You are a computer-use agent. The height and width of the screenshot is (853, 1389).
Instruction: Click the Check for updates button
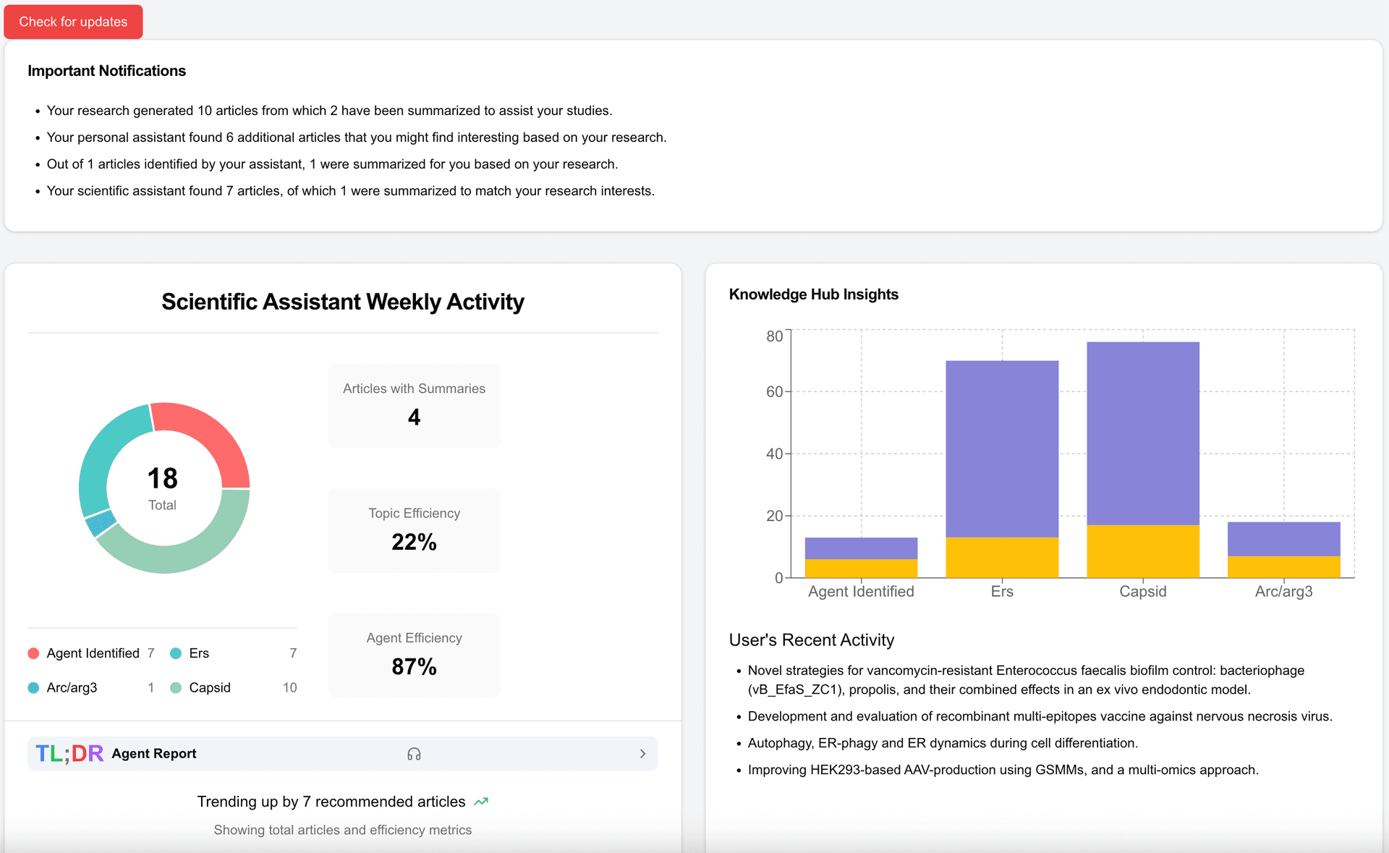tap(73, 22)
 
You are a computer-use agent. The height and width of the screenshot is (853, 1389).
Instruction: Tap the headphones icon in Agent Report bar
tap(414, 754)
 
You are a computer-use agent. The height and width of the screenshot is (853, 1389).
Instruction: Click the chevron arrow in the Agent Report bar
tap(642, 754)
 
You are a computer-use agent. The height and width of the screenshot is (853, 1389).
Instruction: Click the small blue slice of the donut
tap(101, 522)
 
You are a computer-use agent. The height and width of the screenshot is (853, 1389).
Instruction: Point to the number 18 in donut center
tap(162, 478)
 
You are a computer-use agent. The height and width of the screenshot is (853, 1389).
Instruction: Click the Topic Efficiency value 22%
tap(414, 542)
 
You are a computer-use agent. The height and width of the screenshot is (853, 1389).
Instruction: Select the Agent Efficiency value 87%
tap(414, 666)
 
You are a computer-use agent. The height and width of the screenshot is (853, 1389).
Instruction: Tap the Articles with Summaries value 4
tap(414, 417)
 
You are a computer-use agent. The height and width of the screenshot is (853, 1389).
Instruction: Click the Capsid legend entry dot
tap(176, 687)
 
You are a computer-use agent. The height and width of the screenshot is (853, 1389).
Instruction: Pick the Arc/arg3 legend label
tap(72, 687)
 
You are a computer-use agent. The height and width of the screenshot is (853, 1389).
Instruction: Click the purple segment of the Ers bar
tap(1002, 449)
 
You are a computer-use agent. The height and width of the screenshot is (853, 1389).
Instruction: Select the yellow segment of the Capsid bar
tap(1143, 551)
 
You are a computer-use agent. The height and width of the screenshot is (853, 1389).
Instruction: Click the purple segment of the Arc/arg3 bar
tap(1283, 539)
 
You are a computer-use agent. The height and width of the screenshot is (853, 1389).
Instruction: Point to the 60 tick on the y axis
tap(774, 391)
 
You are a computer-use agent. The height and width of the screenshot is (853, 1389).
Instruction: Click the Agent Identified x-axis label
tap(861, 591)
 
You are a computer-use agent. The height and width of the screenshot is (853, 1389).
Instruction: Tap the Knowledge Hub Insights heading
tap(813, 294)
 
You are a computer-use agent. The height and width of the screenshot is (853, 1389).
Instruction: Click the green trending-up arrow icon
tap(481, 802)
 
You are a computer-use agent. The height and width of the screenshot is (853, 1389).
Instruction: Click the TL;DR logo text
tap(69, 754)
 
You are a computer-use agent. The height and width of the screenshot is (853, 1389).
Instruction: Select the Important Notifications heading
tap(106, 71)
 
